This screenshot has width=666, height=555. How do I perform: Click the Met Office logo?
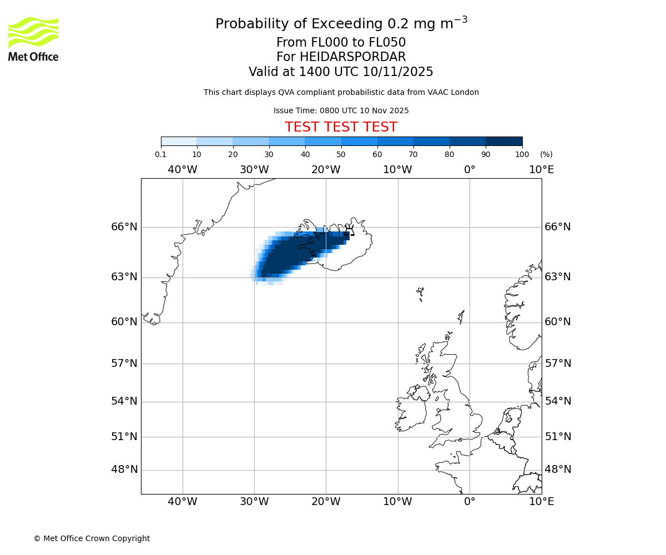[x=33, y=39]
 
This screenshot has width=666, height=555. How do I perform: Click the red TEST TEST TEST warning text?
[x=341, y=127]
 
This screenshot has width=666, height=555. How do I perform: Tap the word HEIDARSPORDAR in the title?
[x=352, y=57]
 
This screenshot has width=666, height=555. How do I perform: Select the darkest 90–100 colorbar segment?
[x=504, y=141]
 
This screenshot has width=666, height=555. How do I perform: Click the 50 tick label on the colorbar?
[x=341, y=155]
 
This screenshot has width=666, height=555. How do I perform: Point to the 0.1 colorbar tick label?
[x=160, y=155]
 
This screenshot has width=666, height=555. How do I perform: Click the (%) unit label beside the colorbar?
[x=546, y=155]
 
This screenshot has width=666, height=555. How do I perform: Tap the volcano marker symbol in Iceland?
[x=349, y=230]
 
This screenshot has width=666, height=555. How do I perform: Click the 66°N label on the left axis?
[x=124, y=227]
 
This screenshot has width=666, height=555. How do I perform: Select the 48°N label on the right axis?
[x=558, y=470]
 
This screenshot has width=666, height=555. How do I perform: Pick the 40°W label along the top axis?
[x=183, y=170]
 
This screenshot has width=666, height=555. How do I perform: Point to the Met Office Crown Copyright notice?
[x=92, y=538]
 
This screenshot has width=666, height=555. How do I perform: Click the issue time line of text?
[x=341, y=111]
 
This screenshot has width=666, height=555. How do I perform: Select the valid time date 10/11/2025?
[x=398, y=72]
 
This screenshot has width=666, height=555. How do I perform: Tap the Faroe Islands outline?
[x=420, y=292]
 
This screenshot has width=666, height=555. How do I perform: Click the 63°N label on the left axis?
[x=124, y=277]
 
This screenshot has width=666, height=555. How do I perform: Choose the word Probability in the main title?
[x=250, y=24]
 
